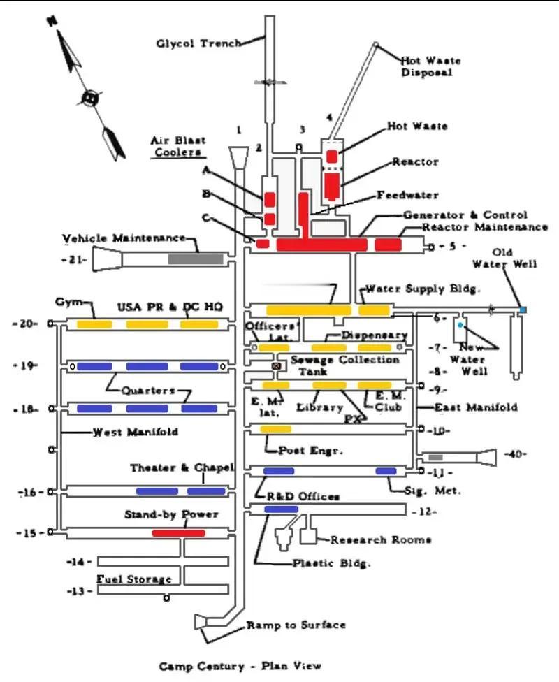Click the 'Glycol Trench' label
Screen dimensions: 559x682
pos(199,43)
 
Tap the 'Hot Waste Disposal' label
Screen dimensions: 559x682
pos(430,66)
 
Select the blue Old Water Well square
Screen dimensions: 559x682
pos(523,310)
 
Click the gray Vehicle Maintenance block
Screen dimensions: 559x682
pos(196,259)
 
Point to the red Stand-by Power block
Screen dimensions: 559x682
pos(178,532)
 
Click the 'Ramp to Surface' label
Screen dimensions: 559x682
pos(296,625)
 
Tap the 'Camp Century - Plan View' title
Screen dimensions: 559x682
pos(240,666)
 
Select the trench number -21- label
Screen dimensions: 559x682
pos(74,260)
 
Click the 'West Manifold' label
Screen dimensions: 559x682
pos(136,432)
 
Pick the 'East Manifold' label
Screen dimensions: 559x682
pos(476,407)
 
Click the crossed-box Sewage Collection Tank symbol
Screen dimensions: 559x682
pos(276,366)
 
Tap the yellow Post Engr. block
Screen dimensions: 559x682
pos(276,429)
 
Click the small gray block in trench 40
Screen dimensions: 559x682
pos(435,458)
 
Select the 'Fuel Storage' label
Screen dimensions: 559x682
pos(134,579)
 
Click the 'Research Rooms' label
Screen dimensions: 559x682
pos(381,539)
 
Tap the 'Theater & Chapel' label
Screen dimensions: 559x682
pos(182,467)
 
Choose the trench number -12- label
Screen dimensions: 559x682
pos(424,511)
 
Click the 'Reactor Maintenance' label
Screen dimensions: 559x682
pos(485,226)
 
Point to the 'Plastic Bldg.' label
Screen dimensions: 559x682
pos(331,563)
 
